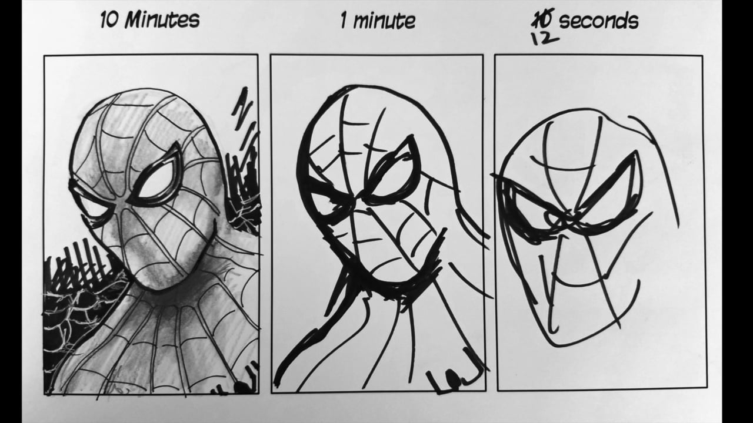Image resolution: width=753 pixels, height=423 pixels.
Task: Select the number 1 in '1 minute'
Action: coord(344,21)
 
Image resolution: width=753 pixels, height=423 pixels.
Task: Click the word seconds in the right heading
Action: coord(598,21)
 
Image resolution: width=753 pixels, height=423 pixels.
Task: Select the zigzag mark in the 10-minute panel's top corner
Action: coord(242,112)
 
